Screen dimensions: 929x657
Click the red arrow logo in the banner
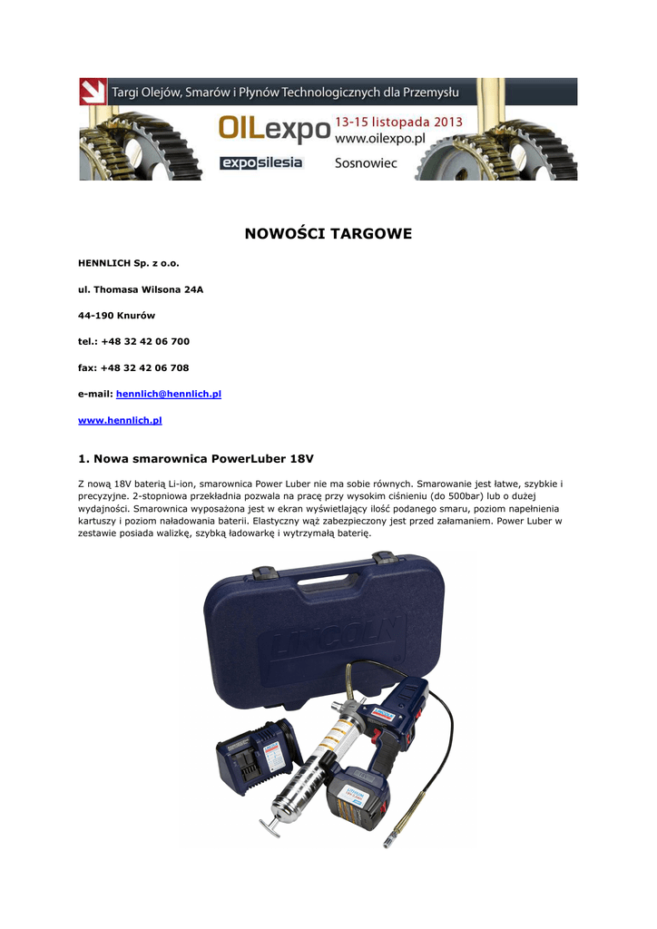click(93, 92)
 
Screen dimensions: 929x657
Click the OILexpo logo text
click(273, 130)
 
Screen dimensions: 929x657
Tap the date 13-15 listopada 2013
click(398, 122)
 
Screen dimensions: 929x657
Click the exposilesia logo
click(261, 162)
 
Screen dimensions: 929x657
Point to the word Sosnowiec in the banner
click(366, 163)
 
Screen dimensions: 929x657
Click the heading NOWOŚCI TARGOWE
click(328, 234)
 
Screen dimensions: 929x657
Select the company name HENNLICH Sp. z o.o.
click(129, 263)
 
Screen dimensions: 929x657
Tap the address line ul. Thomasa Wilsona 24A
click(141, 289)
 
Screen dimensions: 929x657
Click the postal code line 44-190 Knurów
click(117, 316)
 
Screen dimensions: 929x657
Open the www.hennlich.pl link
click(120, 421)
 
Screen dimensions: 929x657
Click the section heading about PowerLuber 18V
click(197, 458)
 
